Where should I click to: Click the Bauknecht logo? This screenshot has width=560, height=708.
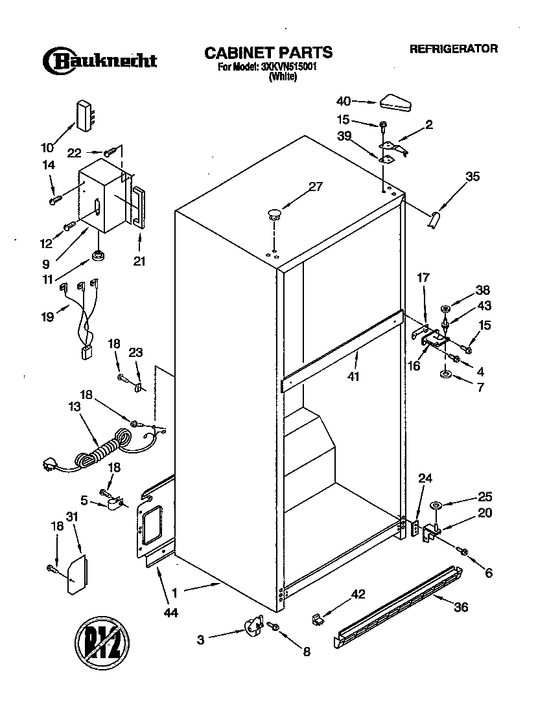pyautogui.click(x=100, y=61)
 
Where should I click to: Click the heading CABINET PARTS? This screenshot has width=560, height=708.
pyautogui.click(x=268, y=52)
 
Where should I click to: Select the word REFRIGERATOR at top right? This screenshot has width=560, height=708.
pyautogui.click(x=453, y=49)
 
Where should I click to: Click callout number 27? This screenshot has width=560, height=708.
pyautogui.click(x=315, y=187)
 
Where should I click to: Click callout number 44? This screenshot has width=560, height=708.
pyautogui.click(x=171, y=612)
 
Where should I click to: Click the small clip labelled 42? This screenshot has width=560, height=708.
pyautogui.click(x=316, y=619)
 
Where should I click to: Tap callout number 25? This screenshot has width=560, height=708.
pyautogui.click(x=484, y=497)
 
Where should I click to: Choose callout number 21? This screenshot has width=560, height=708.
pyautogui.click(x=139, y=262)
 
